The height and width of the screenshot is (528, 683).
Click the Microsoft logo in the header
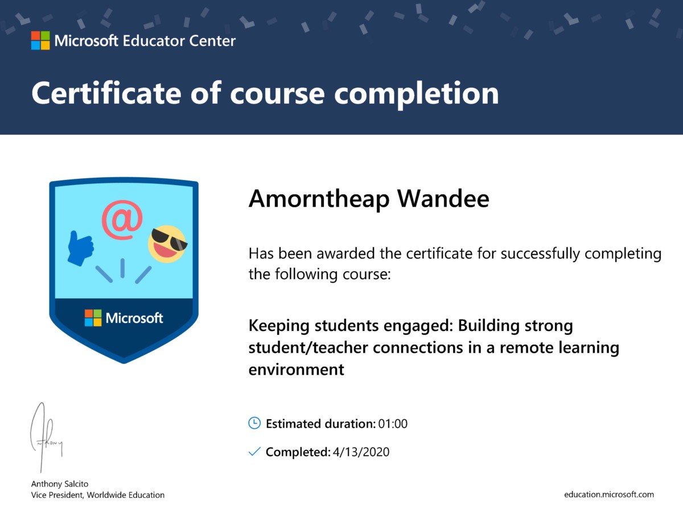[40, 40]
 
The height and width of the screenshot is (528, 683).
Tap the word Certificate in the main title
[106, 93]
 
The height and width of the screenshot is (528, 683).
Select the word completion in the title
[416, 95]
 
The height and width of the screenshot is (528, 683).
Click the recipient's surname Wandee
[443, 199]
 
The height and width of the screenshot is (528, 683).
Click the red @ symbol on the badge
[122, 220]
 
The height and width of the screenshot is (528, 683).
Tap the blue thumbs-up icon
[80, 248]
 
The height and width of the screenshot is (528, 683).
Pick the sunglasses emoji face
[167, 244]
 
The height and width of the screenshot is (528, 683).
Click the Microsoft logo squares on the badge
[93, 318]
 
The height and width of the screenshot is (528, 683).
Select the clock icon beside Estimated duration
[254, 423]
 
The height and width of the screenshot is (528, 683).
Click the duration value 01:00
[393, 424]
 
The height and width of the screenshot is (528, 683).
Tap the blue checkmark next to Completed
[254, 451]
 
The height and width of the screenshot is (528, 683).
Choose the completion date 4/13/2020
[361, 452]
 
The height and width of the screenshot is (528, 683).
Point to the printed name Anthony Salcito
[60, 484]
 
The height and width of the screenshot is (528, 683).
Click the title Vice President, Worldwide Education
[97, 495]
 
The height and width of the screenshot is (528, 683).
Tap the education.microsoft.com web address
[609, 494]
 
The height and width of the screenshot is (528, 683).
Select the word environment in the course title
[296, 369]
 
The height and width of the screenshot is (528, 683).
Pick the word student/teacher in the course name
[308, 348]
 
